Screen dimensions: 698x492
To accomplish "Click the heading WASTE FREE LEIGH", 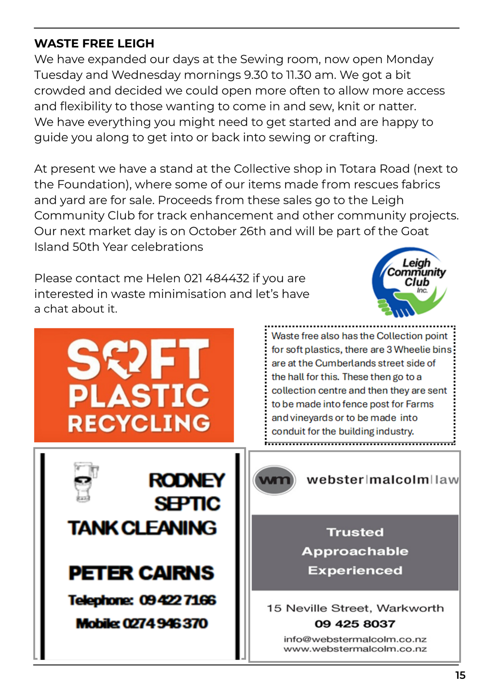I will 94,43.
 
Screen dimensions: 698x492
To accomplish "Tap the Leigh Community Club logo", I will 409,282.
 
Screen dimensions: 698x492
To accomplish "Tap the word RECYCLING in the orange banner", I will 139,423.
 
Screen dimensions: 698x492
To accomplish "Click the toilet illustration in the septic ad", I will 85,482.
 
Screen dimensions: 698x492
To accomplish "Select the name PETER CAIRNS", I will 141,573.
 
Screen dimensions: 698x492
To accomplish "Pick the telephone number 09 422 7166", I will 178,600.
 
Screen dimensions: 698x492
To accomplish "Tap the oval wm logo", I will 274,480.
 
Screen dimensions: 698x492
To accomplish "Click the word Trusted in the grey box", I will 355,532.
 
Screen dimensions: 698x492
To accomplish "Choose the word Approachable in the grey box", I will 355,551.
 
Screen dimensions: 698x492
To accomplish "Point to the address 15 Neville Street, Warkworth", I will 355,608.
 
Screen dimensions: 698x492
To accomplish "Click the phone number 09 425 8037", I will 355,624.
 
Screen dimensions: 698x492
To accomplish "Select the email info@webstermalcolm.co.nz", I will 355,639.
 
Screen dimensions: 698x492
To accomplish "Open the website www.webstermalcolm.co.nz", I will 355,649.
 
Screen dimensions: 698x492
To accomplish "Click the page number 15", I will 460,675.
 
